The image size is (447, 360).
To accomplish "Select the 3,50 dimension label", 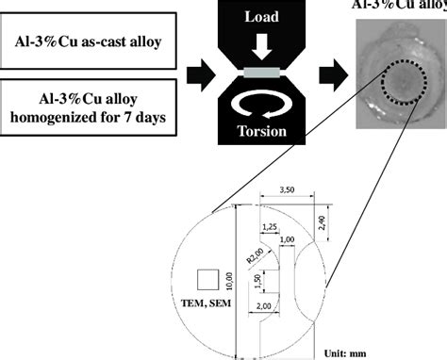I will [x=290, y=190].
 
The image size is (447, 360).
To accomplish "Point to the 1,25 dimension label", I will [x=269, y=227].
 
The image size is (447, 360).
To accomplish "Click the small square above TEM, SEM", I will [x=207, y=279].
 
